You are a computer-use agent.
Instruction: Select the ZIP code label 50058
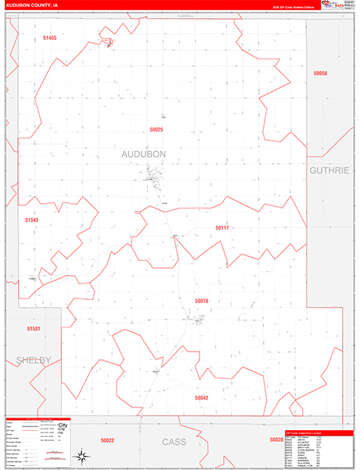319,73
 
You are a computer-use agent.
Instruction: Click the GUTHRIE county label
331,169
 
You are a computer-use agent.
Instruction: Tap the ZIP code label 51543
31,220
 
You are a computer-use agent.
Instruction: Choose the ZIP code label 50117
222,228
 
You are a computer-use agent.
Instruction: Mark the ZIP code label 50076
202,301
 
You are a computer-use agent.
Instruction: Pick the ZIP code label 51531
33,329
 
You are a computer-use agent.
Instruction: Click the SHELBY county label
33,360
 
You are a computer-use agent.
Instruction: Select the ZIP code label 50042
202,398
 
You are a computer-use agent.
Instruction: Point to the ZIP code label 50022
108,440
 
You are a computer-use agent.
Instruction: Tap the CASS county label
174,442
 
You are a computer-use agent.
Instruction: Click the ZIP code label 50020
275,440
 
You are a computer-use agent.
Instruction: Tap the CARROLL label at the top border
185,15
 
